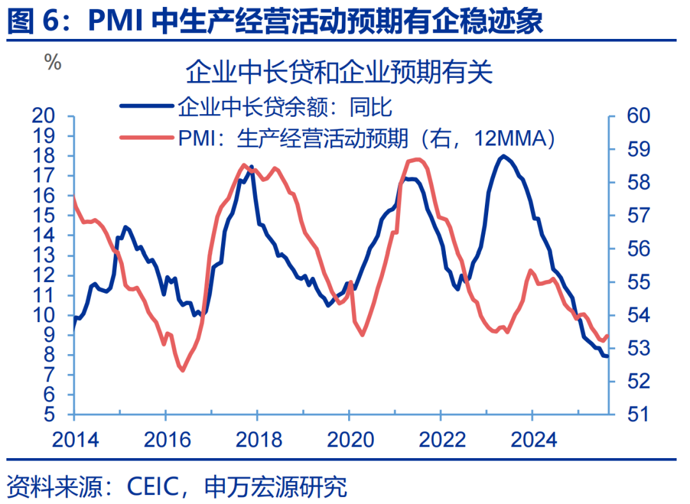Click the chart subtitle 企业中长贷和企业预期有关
(339, 72)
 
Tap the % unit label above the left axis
(52, 63)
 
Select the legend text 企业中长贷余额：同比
(284, 107)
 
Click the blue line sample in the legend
(148, 107)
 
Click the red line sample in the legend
(148, 137)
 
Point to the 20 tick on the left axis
(52, 116)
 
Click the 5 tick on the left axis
(59, 415)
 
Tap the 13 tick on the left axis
(52, 255)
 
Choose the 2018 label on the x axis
(257, 440)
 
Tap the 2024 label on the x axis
(532, 440)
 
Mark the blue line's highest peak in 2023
(504, 156)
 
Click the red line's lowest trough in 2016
(182, 370)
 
